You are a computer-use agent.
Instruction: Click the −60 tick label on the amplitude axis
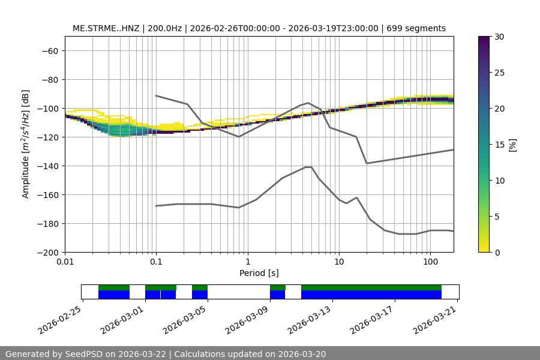50,50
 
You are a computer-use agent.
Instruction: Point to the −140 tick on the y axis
50,166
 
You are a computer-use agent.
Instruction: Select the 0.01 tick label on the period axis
65,262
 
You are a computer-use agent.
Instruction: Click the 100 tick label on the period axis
430,262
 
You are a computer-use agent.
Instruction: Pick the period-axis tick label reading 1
247,262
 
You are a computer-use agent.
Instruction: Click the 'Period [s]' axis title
259,273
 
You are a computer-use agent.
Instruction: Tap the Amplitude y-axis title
26,144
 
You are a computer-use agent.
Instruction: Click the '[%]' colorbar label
512,144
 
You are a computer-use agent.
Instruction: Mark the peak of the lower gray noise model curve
308,167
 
